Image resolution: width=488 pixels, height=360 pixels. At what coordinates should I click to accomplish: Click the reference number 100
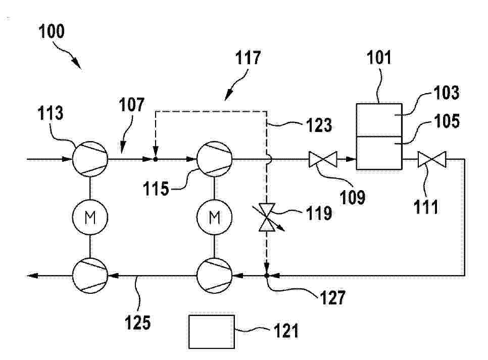(x=52, y=31)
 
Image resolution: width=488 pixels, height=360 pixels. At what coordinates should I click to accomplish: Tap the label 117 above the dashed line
(x=248, y=58)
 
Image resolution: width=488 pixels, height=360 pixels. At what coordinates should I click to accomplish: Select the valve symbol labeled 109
(x=323, y=159)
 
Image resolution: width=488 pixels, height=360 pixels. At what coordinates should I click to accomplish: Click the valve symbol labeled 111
(x=431, y=159)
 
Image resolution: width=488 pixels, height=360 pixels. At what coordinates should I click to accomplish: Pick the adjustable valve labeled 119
(x=267, y=217)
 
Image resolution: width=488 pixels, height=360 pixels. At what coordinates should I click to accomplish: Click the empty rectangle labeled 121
(x=212, y=332)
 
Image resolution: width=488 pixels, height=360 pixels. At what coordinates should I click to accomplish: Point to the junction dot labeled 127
(x=267, y=276)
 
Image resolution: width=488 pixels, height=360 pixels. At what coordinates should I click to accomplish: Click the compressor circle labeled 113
(x=90, y=159)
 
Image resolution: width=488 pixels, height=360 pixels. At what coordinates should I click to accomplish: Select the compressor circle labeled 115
(x=214, y=159)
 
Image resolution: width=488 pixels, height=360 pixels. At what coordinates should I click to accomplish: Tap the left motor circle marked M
(x=90, y=217)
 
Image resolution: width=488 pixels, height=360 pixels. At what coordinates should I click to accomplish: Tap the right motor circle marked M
(x=214, y=217)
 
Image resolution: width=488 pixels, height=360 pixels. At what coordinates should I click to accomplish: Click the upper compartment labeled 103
(x=379, y=120)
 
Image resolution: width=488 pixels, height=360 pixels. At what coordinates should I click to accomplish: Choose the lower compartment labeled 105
(x=379, y=153)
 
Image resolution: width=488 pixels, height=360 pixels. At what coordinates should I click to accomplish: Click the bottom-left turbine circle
(x=90, y=276)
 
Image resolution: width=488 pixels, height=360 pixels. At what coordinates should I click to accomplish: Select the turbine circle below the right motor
(x=214, y=276)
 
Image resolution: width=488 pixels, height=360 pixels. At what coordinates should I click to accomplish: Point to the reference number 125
(x=138, y=322)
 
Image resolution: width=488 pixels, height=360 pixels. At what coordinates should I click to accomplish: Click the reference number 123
(x=319, y=125)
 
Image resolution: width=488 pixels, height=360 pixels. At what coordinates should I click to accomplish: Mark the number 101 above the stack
(x=379, y=58)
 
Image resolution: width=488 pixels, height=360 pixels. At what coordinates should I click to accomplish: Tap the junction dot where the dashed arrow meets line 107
(x=156, y=159)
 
